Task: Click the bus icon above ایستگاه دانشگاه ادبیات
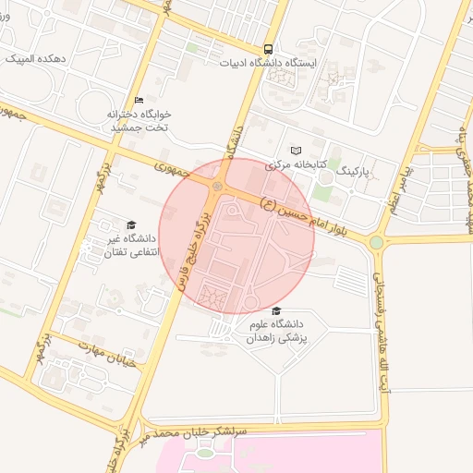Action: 268,49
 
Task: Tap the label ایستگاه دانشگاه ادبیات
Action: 268,64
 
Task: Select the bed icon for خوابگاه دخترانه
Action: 139,100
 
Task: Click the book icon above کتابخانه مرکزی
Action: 296,151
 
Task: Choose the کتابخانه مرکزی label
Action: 297,165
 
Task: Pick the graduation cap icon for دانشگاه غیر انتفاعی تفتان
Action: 130,224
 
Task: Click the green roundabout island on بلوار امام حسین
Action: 377,243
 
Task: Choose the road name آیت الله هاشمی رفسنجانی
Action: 381,322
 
